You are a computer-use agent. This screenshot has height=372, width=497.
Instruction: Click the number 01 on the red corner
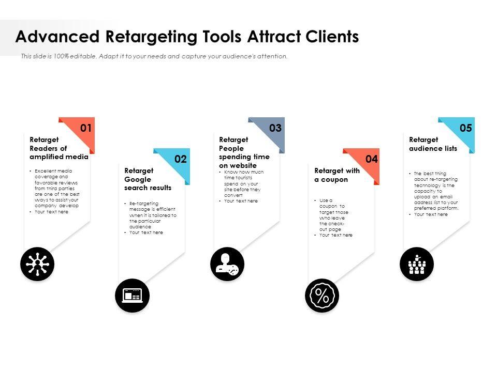[x=86, y=128]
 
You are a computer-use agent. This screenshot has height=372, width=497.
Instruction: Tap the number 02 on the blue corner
[x=180, y=159]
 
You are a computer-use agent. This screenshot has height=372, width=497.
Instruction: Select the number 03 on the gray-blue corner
[x=275, y=128]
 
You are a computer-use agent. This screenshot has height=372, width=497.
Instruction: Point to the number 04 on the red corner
[x=371, y=159]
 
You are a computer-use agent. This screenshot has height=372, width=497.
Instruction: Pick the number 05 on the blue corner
[x=466, y=128]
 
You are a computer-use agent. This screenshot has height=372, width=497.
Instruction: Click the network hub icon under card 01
[x=37, y=264]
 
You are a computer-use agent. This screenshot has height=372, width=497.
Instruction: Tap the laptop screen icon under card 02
[x=132, y=296]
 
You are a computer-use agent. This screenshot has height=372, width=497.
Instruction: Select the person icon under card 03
[x=227, y=264]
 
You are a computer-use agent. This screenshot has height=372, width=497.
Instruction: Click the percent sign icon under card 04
[x=322, y=296]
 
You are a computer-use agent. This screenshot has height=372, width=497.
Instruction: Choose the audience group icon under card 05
[x=417, y=264]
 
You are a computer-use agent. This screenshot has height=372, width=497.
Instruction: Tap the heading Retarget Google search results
[x=148, y=179]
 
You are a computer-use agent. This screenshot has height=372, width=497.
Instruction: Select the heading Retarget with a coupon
[x=337, y=175]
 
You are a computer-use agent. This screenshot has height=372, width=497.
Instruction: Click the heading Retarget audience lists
[x=433, y=144]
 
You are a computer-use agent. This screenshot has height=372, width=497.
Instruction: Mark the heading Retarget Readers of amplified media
[x=59, y=148]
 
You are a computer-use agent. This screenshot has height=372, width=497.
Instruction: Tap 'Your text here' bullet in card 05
[x=431, y=214]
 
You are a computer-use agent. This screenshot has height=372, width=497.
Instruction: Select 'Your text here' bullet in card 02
[x=146, y=233]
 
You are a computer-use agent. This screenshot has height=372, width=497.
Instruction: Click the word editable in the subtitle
[x=83, y=56]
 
